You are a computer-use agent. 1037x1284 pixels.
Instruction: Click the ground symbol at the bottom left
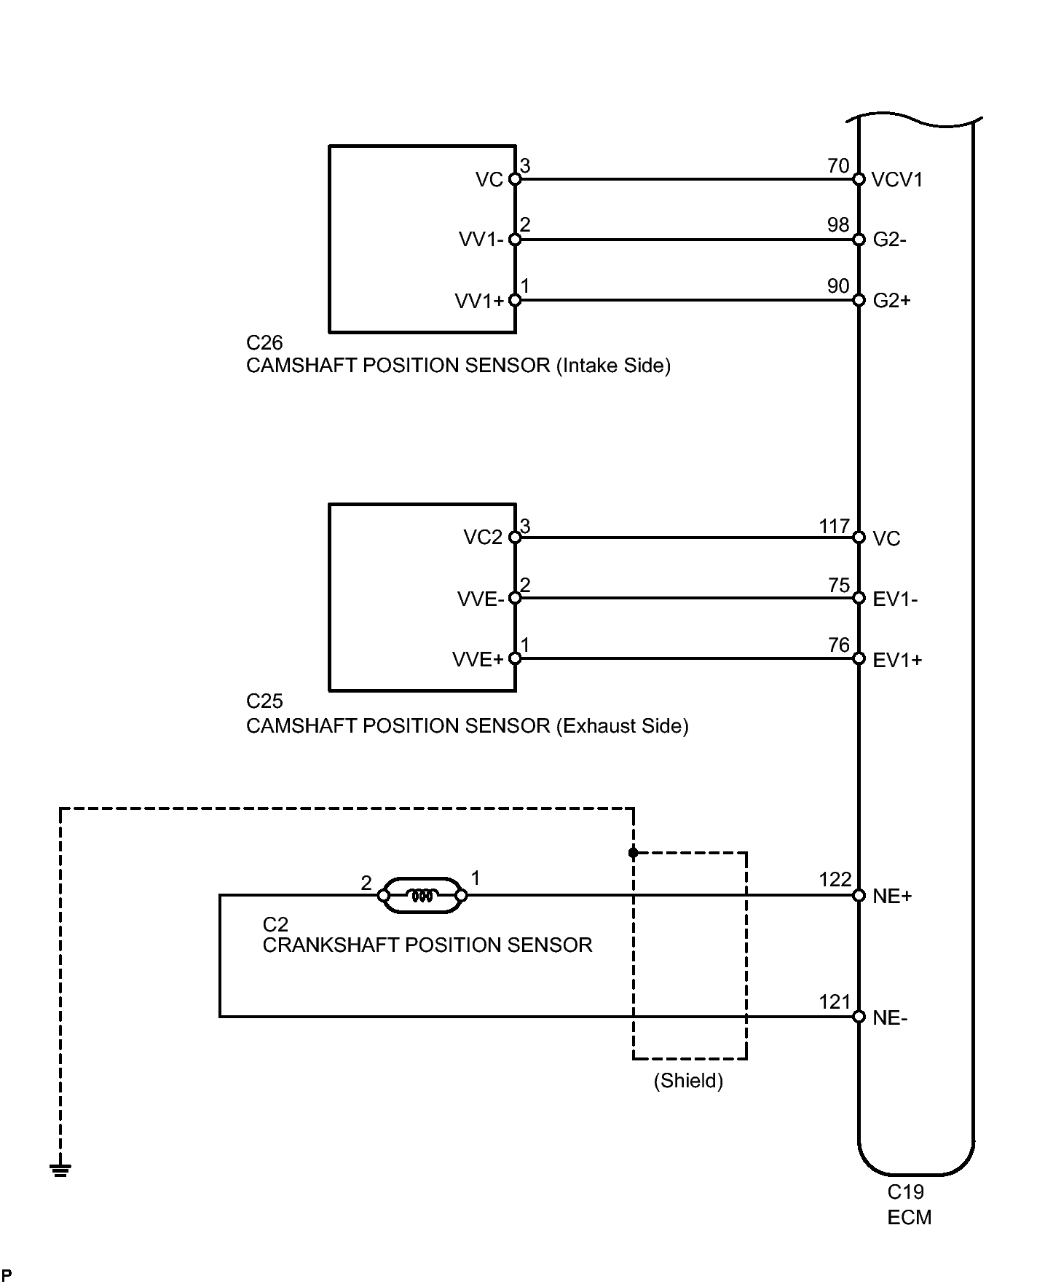(60, 1170)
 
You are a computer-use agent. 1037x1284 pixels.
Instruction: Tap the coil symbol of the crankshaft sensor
(422, 895)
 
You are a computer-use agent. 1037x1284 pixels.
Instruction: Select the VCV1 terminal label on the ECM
(897, 180)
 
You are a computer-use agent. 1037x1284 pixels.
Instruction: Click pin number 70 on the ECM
(838, 166)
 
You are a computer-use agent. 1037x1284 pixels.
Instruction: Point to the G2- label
(890, 240)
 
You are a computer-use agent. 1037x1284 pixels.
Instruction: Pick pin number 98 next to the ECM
(838, 225)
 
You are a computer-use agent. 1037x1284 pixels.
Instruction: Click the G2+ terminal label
(892, 301)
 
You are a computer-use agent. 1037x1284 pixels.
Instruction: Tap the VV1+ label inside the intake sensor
(479, 301)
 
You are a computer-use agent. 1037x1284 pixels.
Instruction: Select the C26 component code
(264, 342)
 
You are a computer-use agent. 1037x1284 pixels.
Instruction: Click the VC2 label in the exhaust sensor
(483, 537)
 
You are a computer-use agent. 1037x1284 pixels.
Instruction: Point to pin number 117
(835, 526)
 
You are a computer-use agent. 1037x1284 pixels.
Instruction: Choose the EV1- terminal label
(895, 599)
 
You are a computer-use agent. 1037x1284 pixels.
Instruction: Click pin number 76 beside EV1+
(839, 645)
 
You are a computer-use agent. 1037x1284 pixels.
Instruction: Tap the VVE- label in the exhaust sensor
(481, 599)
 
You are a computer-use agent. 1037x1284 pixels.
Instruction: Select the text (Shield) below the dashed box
(688, 1081)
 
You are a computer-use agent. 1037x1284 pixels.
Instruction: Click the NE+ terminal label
(892, 897)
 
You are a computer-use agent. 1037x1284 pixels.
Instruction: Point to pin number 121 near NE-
(835, 1002)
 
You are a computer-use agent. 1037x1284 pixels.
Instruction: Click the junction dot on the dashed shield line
(633, 852)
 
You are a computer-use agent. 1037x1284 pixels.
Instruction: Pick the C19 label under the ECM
(905, 1192)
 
